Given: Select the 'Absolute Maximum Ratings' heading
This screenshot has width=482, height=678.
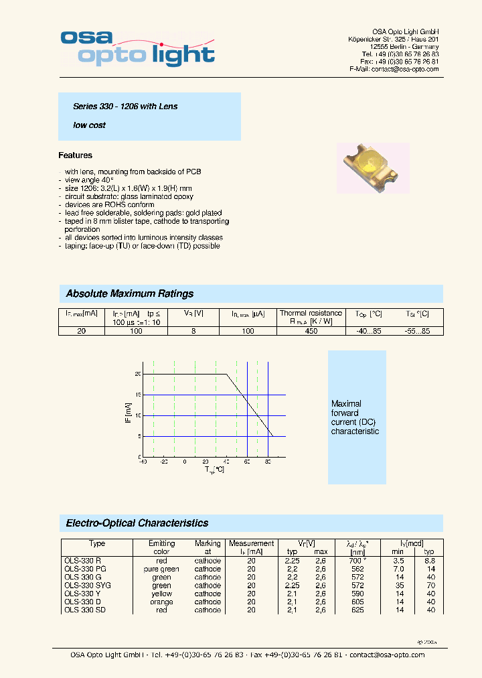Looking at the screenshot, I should point(130,293).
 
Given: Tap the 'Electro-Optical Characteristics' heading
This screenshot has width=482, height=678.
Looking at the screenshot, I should point(137,523).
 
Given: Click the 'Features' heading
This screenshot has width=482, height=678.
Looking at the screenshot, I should point(75,155).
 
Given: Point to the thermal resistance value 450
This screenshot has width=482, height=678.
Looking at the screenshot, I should point(311,331).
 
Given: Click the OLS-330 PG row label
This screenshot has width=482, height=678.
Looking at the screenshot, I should point(84,569).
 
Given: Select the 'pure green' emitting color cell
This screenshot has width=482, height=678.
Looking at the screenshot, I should point(161,569).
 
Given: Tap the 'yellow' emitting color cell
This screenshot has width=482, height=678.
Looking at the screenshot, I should point(161,594).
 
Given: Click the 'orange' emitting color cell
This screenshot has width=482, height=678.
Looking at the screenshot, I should point(161,602).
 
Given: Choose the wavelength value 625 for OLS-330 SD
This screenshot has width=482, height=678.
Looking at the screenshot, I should point(357,610).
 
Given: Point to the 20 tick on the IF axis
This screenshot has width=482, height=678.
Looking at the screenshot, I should point(138,374).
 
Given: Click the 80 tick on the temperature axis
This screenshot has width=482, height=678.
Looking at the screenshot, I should point(268,462).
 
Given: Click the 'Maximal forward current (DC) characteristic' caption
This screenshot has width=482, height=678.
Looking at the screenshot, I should point(355,417).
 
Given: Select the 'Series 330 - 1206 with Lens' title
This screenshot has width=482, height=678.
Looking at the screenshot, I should point(125,107).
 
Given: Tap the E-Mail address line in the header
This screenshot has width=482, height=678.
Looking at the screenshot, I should point(394,69).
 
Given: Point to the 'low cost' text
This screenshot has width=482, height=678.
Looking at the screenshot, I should point(89,125).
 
